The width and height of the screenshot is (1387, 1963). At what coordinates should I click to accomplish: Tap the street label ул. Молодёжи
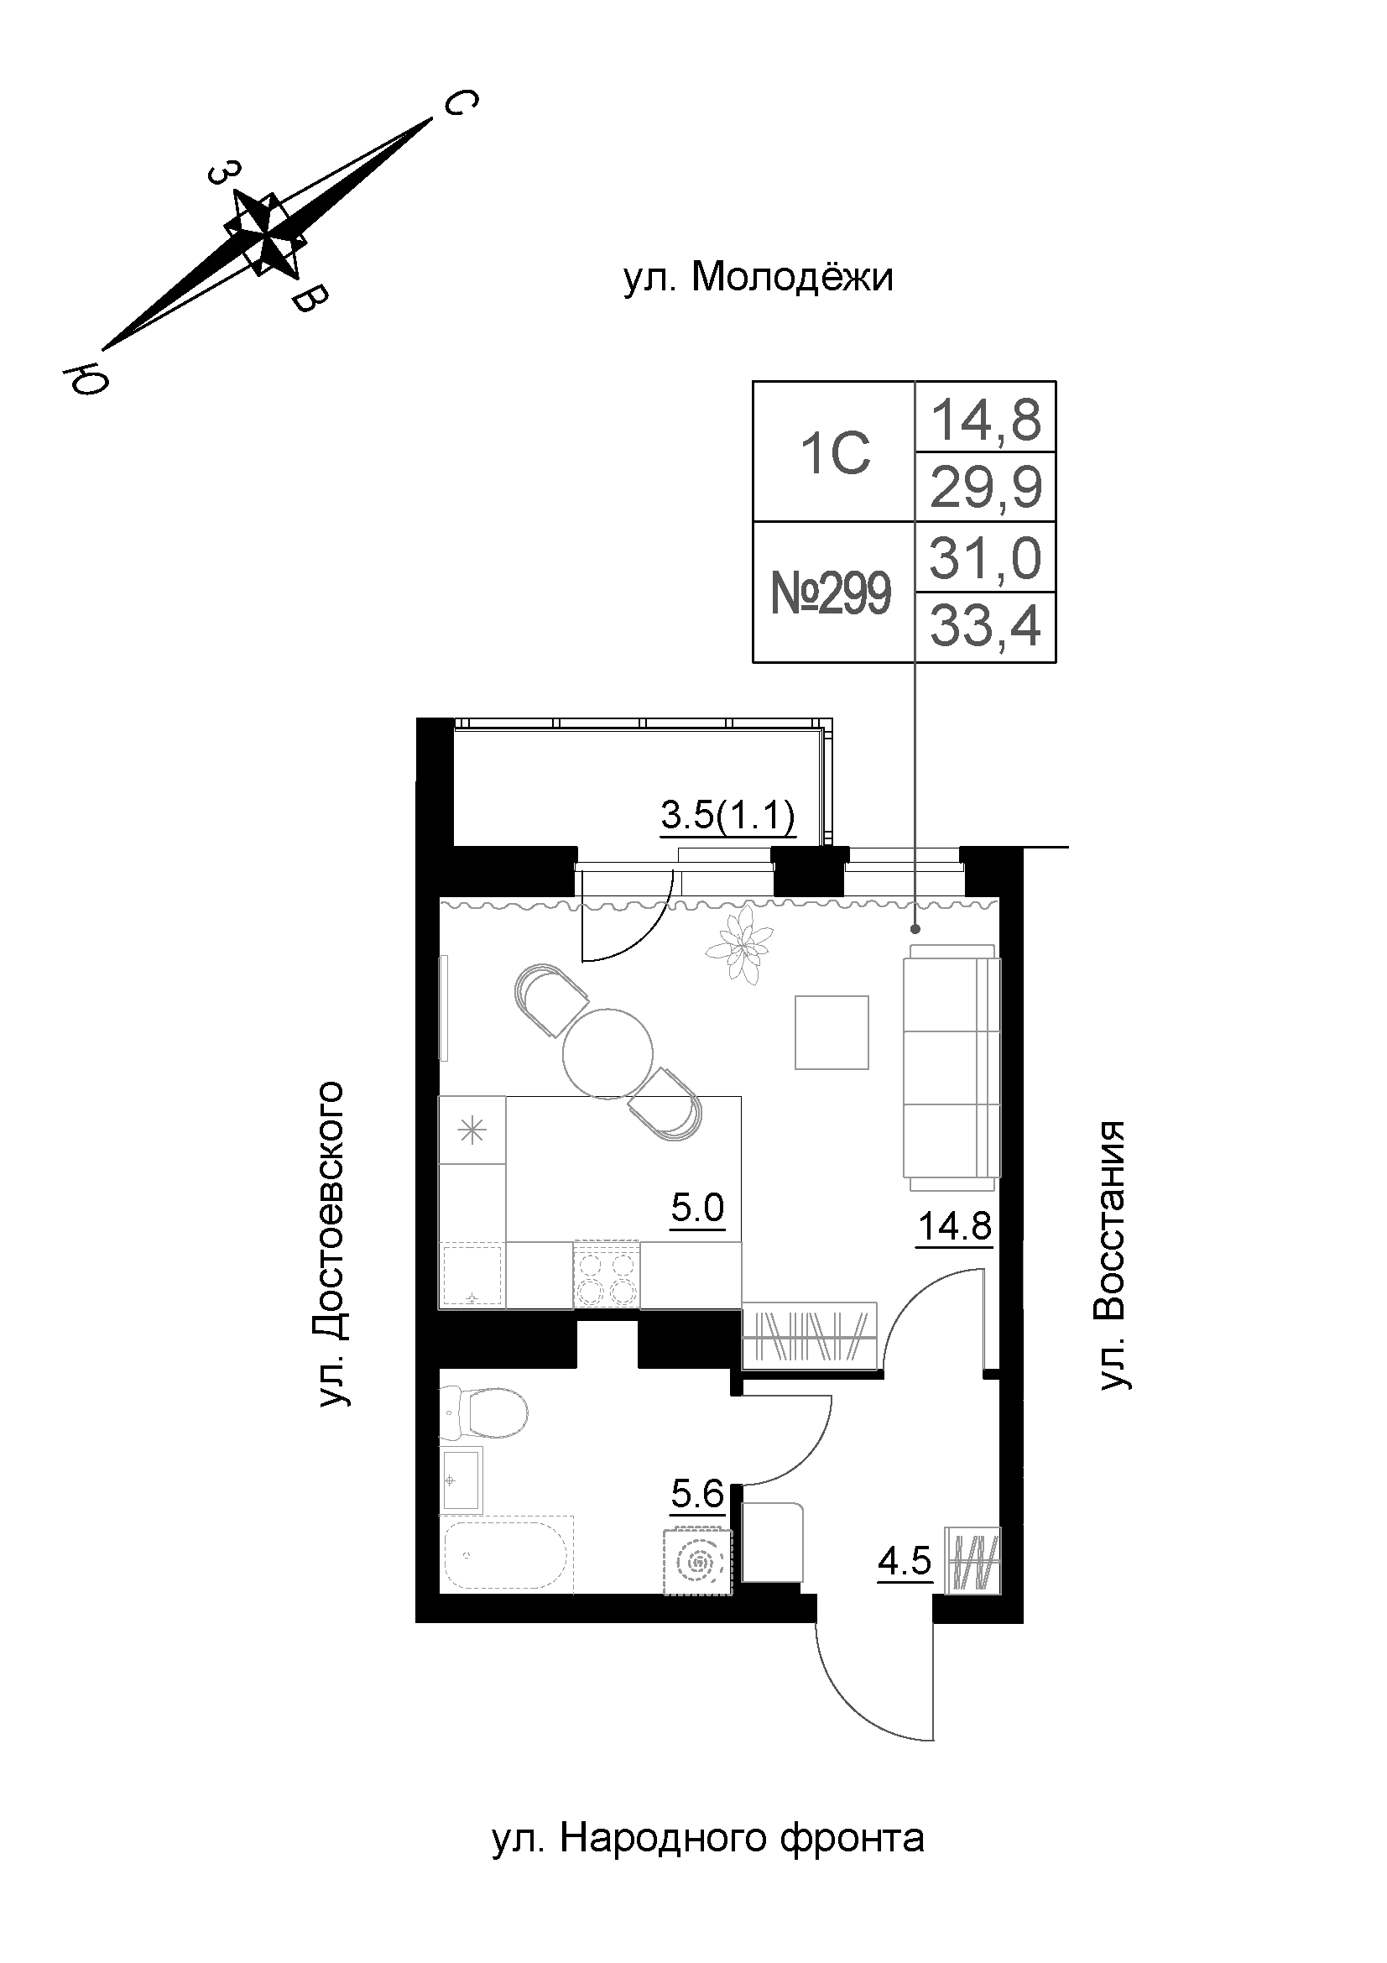point(758,278)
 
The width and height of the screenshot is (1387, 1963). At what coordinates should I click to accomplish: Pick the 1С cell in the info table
point(834,453)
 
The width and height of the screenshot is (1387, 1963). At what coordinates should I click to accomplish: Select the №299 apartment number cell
point(831,593)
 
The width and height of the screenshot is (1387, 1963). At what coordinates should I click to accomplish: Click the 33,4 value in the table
point(985,628)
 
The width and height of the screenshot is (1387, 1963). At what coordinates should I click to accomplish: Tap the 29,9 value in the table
point(985,488)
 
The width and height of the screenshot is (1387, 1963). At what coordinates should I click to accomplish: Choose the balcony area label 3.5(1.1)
point(728,815)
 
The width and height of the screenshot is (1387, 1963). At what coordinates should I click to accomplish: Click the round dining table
point(607,1053)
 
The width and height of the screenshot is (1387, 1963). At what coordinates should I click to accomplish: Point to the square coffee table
point(832,1032)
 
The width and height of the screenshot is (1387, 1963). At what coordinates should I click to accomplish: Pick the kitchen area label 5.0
point(697,1208)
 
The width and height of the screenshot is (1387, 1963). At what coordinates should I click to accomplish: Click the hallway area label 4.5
point(905,1561)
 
